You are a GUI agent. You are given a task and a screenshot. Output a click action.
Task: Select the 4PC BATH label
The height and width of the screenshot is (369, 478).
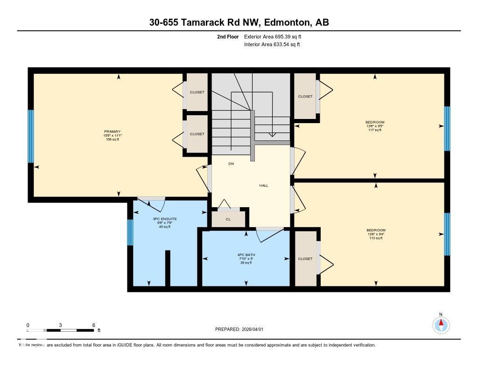[246, 255]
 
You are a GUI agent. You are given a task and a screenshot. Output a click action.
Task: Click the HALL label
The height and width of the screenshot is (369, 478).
[264, 185]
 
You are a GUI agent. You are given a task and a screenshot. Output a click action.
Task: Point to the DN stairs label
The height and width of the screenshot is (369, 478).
[231, 164]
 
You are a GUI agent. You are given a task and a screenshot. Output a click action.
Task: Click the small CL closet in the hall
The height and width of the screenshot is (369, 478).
[228, 219]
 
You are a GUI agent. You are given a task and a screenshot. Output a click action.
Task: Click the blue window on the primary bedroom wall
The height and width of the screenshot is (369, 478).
[31, 136]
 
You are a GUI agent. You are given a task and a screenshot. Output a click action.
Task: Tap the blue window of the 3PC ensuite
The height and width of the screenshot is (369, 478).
[130, 232]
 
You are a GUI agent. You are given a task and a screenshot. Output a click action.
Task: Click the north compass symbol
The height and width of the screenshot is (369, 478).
[441, 324]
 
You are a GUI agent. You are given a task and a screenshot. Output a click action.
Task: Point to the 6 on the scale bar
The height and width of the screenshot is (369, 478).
[94, 325]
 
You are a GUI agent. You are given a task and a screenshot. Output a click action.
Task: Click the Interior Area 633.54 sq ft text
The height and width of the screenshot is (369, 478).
[272, 44]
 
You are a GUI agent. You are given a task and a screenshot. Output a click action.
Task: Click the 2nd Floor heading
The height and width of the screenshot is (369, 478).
[228, 36]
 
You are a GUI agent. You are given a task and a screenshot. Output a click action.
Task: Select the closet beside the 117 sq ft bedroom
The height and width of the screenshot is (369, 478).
[305, 97]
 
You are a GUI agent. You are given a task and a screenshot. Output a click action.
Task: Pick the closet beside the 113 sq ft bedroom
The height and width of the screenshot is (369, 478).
[305, 258]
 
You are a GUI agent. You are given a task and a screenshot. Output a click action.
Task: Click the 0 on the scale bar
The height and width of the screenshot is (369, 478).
[28, 325]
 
